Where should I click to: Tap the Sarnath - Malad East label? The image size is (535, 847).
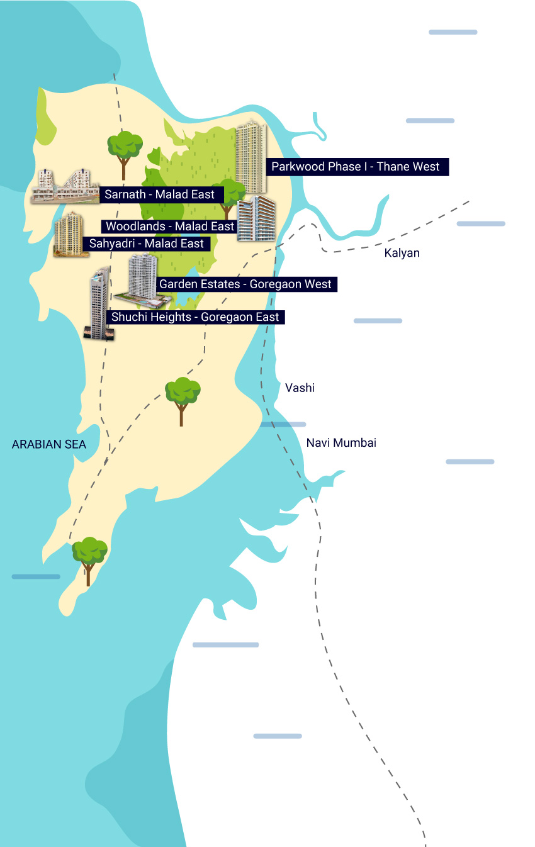pos(160,194)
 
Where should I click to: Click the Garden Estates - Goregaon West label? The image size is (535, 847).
pos(245,284)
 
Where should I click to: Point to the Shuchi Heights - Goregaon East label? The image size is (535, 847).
pos(195,317)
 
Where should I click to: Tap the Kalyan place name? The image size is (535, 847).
pos(402,253)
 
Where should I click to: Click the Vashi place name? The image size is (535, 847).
pos(300,388)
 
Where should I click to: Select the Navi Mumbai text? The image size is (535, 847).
pos(341,443)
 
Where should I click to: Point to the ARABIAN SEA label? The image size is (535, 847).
pos(49,445)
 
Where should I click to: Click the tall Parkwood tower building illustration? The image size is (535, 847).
pos(251,157)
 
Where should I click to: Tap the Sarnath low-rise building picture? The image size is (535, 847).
pos(65,187)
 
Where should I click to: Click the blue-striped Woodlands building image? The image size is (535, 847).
pos(256,218)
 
